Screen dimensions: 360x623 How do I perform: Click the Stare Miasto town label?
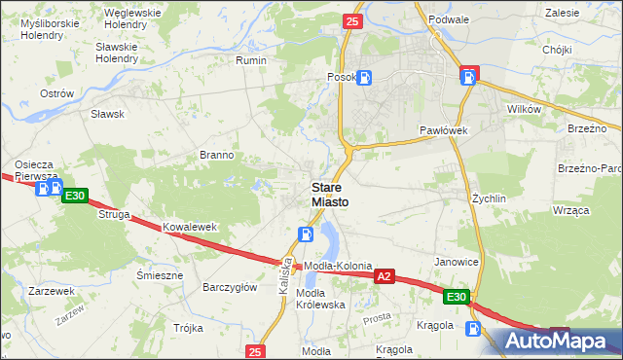pyautogui.click(x=328, y=194)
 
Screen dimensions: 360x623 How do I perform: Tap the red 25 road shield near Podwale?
pyautogui.click(x=352, y=21)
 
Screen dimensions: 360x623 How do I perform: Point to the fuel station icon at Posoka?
pyautogui.click(x=363, y=78)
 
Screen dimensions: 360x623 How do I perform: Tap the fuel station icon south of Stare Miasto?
pyautogui.click(x=305, y=234)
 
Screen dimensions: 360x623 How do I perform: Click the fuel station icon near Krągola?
pyautogui.click(x=473, y=329)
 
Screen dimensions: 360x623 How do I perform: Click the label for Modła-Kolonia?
pyautogui.click(x=339, y=267)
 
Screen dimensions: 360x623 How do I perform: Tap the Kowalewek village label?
pyautogui.click(x=189, y=227)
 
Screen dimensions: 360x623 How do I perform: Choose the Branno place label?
pyautogui.click(x=216, y=155)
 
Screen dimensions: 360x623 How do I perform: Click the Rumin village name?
pyautogui.click(x=251, y=60)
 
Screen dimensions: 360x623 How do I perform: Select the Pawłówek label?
pyautogui.click(x=445, y=129)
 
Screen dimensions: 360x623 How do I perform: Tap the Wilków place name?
pyautogui.click(x=524, y=110)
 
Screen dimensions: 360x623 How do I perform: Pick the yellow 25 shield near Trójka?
pyautogui.click(x=255, y=351)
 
